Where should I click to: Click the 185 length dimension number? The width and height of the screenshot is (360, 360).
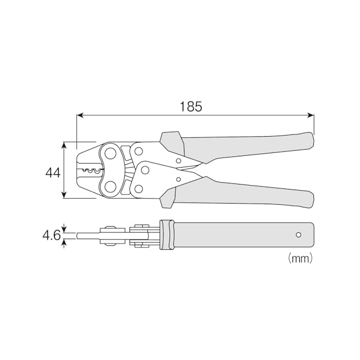point(191,106)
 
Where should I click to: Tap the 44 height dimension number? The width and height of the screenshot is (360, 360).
point(53,173)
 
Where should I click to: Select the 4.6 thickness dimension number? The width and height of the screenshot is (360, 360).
point(52,235)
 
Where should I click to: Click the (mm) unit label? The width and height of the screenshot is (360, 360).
point(300,258)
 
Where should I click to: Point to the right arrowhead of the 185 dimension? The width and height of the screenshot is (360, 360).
point(310,115)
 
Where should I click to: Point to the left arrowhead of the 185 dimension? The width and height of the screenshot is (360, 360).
point(80,115)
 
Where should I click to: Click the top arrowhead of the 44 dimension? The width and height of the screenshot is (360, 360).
point(65,145)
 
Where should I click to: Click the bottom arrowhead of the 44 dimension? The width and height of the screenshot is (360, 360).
point(65,195)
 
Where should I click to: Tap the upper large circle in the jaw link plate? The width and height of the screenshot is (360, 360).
point(110,154)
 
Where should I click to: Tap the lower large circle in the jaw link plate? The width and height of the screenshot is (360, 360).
point(110,186)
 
